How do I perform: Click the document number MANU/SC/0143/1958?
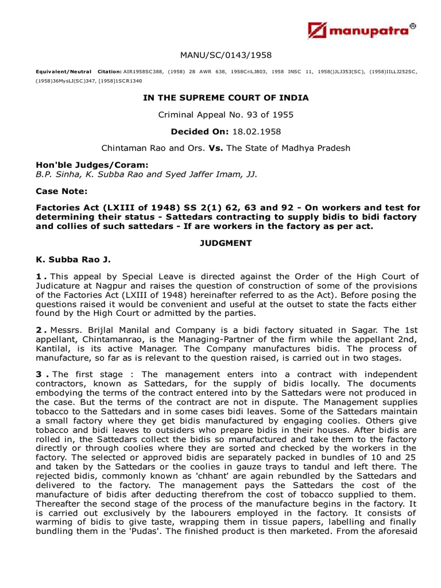click(226, 55)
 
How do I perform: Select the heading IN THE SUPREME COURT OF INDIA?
click(226, 98)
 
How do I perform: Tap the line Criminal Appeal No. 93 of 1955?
click(226, 115)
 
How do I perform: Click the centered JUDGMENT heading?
click(226, 243)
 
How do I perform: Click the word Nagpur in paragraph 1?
click(107, 286)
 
